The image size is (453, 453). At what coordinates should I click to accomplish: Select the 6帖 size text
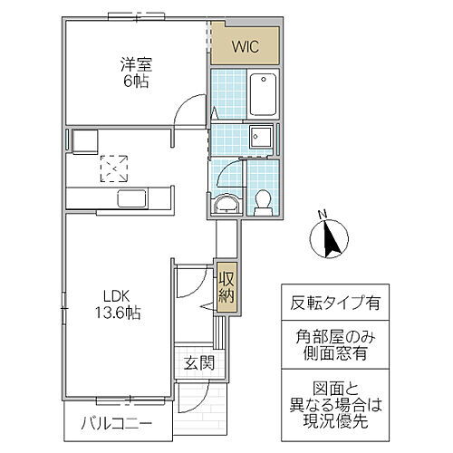137,81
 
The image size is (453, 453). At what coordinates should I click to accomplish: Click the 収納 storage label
226,287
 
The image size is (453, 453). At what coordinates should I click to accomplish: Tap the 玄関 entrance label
198,364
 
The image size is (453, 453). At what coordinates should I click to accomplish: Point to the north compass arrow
331,238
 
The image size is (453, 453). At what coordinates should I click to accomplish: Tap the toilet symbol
263,200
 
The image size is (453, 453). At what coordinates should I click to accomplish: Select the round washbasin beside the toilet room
225,204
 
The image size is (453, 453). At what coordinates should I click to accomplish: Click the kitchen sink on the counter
132,199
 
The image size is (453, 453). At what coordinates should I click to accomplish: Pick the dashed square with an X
114,168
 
